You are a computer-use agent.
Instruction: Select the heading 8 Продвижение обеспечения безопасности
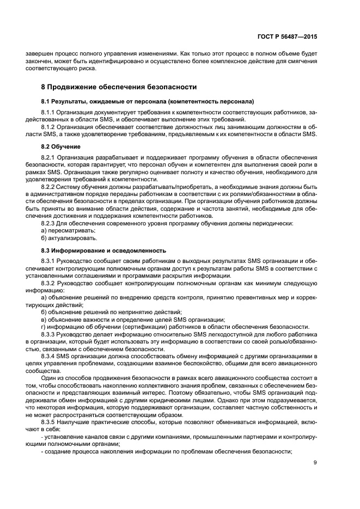[119, 87]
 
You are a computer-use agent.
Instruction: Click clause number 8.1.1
[50, 111]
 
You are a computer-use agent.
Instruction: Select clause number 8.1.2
[50, 126]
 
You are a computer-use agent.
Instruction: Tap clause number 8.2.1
[50, 157]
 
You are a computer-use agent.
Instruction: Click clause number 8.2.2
[50, 187]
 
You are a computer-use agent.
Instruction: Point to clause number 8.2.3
[50, 223]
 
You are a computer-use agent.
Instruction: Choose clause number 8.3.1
[50, 261]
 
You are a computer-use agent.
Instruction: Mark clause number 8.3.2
[50, 283]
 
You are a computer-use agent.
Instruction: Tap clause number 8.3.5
[50, 422]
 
